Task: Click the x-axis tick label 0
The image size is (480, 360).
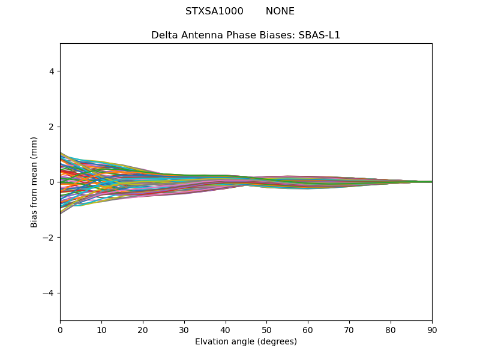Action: (x=60, y=329)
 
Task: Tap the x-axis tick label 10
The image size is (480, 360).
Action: (x=101, y=329)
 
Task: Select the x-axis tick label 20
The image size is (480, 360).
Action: (x=143, y=329)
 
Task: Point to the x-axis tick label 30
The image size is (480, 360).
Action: (x=184, y=329)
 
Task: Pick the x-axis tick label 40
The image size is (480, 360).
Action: (x=226, y=329)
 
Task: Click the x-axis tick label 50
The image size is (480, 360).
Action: (x=266, y=329)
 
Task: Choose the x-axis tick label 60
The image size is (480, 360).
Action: (x=308, y=329)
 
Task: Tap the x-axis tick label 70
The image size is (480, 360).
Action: (x=349, y=329)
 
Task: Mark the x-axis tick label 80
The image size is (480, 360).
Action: (x=391, y=329)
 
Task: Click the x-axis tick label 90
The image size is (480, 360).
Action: (x=432, y=329)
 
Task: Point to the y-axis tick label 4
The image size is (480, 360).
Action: (x=52, y=71)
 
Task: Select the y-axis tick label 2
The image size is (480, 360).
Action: (x=52, y=127)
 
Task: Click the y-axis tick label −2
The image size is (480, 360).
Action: (x=49, y=238)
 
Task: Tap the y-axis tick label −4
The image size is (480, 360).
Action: (x=49, y=293)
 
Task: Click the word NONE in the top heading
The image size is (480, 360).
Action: (x=280, y=11)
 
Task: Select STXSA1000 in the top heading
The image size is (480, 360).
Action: (x=214, y=11)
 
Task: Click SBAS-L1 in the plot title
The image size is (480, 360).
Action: (x=319, y=35)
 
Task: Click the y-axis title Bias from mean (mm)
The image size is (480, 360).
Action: (x=35, y=182)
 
